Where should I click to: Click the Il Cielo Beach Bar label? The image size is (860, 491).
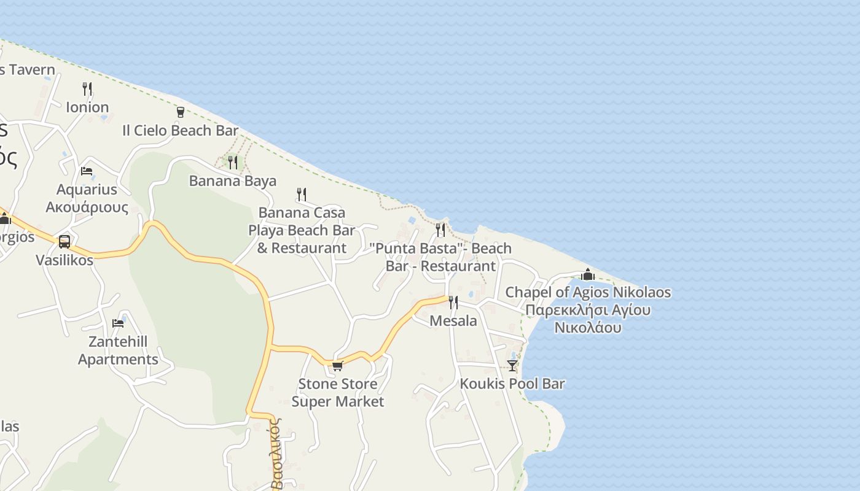click(x=180, y=131)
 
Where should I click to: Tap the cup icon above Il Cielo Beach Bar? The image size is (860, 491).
click(x=180, y=112)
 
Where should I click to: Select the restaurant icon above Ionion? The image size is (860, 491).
click(x=87, y=89)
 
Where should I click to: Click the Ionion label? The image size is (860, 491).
click(x=87, y=107)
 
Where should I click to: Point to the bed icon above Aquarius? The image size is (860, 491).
click(x=87, y=171)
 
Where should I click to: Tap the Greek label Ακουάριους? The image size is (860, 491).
click(x=87, y=207)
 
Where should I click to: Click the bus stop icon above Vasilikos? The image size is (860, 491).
click(x=64, y=242)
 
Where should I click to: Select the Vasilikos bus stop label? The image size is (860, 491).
click(x=64, y=260)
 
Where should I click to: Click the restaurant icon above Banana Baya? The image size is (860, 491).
click(x=233, y=163)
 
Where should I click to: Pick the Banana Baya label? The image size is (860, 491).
click(x=233, y=181)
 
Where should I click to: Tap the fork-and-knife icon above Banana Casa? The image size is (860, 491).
click(x=302, y=195)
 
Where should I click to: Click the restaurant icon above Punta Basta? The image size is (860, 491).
click(x=440, y=230)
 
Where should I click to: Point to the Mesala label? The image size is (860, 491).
click(x=453, y=321)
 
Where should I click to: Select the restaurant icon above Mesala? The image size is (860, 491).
click(x=453, y=303)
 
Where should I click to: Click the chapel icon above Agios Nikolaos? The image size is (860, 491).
click(x=588, y=274)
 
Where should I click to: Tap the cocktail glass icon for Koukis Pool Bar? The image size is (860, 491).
click(x=512, y=366)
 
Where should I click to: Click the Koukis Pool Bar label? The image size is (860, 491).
click(x=512, y=384)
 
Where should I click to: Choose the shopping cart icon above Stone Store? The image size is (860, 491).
click(x=337, y=366)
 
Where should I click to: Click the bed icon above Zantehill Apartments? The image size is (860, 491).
click(x=118, y=323)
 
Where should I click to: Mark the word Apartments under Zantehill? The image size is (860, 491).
click(x=118, y=360)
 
